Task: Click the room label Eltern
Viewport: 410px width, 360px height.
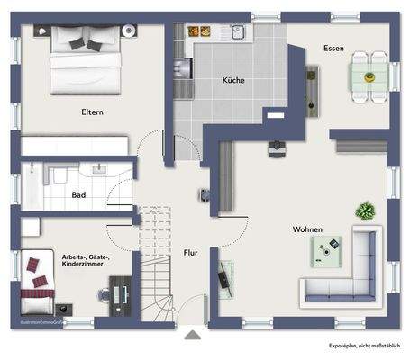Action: coord(91,112)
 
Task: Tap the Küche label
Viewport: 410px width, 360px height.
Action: coord(234,80)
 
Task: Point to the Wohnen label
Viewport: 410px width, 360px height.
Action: coord(307,229)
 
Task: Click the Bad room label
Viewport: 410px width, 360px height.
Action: coord(78,193)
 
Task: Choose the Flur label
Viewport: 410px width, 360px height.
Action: coord(190,253)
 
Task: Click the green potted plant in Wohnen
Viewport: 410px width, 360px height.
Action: coord(365,212)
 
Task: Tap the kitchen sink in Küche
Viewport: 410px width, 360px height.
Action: coord(238,33)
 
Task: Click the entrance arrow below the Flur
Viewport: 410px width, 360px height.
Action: coord(192,336)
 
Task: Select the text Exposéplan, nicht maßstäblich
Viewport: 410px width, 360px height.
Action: coord(365,345)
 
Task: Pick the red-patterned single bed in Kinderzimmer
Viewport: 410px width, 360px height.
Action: coord(40,281)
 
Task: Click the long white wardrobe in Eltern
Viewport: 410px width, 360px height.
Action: coord(75,146)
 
